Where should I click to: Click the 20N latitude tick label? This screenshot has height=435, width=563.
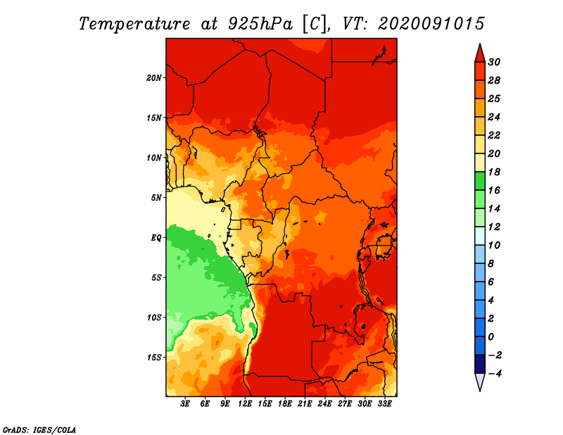pyautogui.click(x=154, y=77)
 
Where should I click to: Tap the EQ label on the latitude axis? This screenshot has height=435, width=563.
pyautogui.click(x=156, y=238)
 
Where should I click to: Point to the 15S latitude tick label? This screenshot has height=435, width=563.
pyautogui.click(x=154, y=358)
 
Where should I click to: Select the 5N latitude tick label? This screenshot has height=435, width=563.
pyautogui.click(x=156, y=198)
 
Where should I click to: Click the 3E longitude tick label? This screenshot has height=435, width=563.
pyautogui.click(x=185, y=403)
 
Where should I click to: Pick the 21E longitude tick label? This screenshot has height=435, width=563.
pyautogui.click(x=305, y=403)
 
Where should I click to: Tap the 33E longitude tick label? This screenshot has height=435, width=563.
pyautogui.click(x=384, y=403)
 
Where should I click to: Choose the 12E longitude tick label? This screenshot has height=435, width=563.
pyautogui.click(x=245, y=403)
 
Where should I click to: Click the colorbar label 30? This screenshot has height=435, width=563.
pyautogui.click(x=494, y=62)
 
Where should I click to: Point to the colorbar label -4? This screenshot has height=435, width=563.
pyautogui.click(x=494, y=374)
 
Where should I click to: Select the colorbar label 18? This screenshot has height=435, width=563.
pyautogui.click(x=494, y=172)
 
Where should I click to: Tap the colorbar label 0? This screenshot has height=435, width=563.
pyautogui.click(x=491, y=337)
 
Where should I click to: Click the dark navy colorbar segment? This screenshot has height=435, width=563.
pyautogui.click(x=480, y=364)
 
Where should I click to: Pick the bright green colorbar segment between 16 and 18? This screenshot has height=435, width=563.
pyautogui.click(x=480, y=181)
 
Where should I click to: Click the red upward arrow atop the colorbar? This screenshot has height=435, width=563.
pyautogui.click(x=480, y=53)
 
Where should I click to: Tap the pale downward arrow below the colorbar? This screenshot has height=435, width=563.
pyautogui.click(x=480, y=382)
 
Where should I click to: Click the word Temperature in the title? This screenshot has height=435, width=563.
pyautogui.click(x=134, y=24)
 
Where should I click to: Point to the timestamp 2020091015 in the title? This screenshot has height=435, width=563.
pyautogui.click(x=431, y=24)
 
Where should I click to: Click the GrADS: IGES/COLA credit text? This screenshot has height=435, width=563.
pyautogui.click(x=39, y=430)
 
